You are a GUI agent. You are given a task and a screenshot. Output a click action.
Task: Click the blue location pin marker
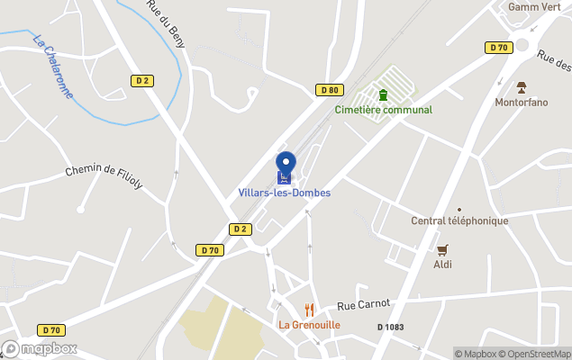coord(286,166)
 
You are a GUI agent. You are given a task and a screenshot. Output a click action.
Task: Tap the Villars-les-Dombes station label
coord(285,193)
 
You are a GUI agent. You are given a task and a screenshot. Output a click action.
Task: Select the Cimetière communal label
coord(383,110)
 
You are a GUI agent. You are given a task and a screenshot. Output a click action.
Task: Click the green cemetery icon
coord(383,94)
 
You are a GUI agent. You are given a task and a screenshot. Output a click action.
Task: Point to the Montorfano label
coord(521,102)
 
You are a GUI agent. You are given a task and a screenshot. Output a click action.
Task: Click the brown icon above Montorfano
coord(521,87)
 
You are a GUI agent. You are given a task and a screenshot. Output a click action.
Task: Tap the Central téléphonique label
coord(459,220)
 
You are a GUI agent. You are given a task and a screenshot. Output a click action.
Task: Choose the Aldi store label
coord(441,265)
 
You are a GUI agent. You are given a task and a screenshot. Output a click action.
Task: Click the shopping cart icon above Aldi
coord(441,250)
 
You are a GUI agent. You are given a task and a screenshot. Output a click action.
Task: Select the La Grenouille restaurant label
coord(309,325)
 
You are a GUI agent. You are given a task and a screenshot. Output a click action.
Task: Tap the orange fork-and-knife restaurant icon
coord(309,310)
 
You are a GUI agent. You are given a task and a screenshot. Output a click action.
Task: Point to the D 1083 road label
coord(390,327)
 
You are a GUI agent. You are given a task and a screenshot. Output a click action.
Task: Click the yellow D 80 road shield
coord(331,89)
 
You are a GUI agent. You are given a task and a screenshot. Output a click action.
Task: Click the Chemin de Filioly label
coord(104,177)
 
